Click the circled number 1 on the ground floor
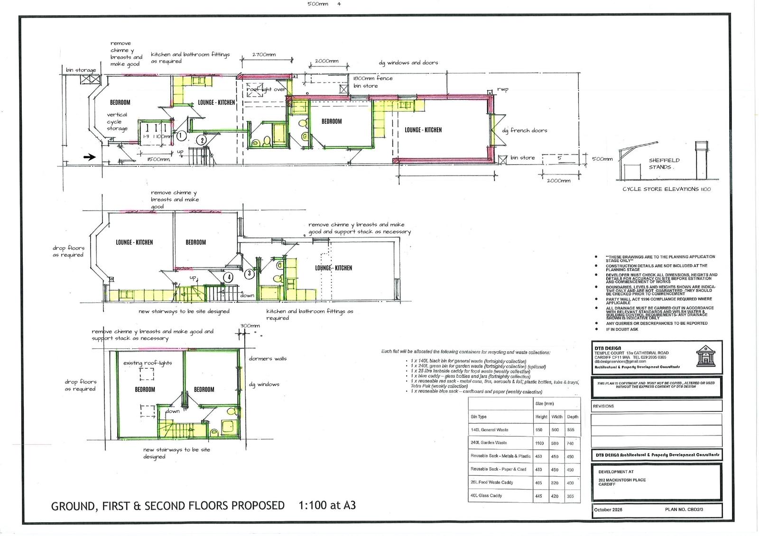(180, 136)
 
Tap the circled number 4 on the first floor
(229, 277)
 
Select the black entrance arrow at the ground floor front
(89, 157)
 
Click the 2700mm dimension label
(264, 55)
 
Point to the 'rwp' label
(503, 89)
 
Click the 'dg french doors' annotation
(524, 130)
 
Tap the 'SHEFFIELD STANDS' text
(664, 164)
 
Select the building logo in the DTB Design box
(705, 356)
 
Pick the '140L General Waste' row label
(489, 430)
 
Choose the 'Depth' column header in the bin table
(573, 417)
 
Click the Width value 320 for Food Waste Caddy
(555, 483)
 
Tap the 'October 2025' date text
(608, 509)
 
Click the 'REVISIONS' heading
(603, 406)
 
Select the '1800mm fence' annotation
(373, 78)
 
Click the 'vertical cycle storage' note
(117, 121)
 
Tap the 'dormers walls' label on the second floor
(268, 359)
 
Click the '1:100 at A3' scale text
(327, 505)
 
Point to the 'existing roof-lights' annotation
(148, 363)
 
